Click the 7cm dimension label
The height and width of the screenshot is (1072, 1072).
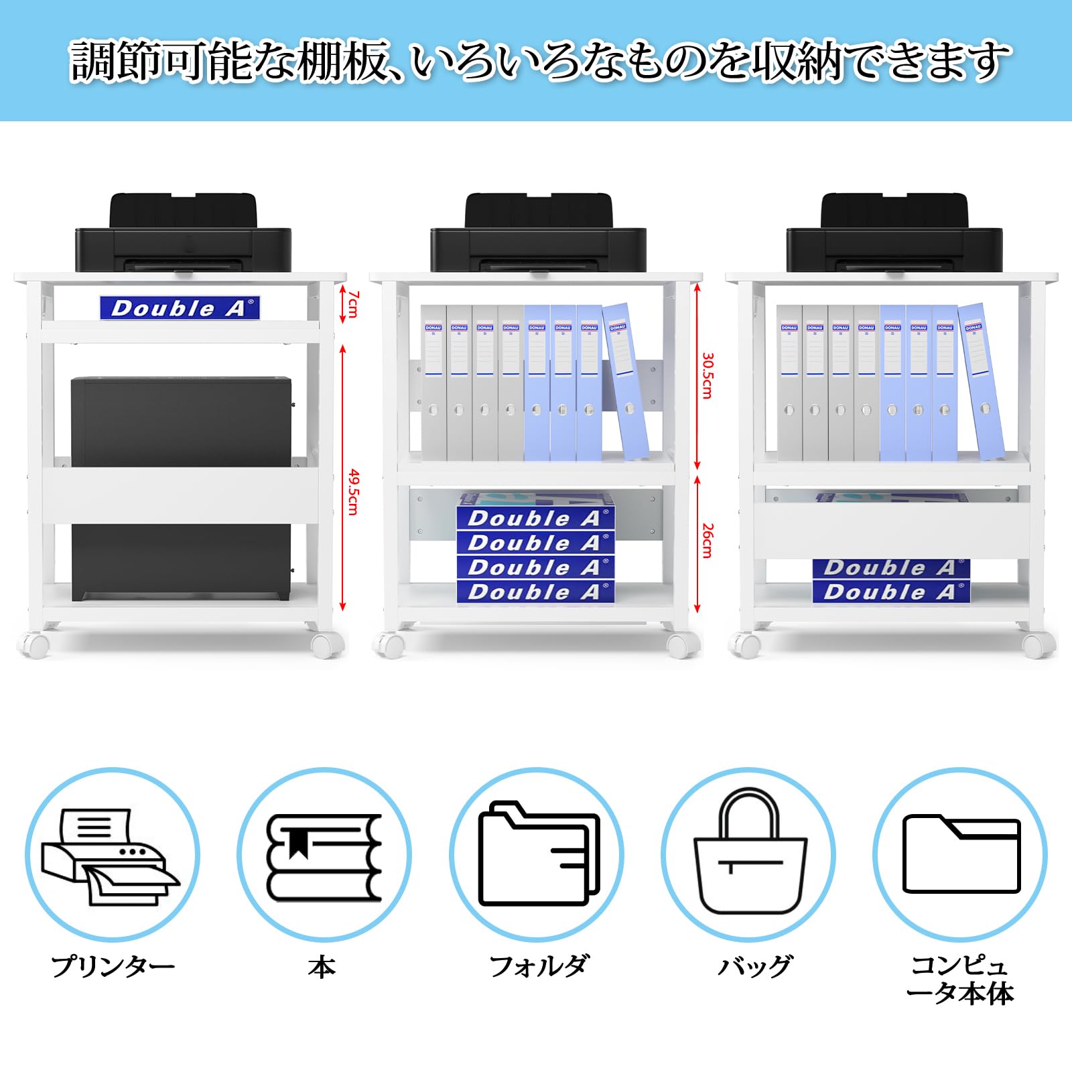click(x=353, y=304)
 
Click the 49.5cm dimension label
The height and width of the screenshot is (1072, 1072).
click(x=353, y=492)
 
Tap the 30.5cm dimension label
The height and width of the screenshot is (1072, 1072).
click(x=708, y=376)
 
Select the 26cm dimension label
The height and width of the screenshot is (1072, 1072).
click(x=708, y=541)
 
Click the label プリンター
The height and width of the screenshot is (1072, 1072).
click(x=113, y=967)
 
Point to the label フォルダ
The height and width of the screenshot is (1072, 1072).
click(x=537, y=967)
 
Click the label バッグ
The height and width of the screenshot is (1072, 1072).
click(x=754, y=967)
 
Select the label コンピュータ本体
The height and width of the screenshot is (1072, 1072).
click(x=959, y=980)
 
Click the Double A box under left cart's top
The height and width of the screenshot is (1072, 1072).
click(x=180, y=308)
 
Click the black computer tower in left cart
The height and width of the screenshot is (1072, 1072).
click(x=181, y=422)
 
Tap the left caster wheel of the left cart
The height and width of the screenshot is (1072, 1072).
click(x=34, y=644)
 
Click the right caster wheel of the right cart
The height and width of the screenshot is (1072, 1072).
click(x=1038, y=644)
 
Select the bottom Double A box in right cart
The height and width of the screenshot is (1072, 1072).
click(x=891, y=592)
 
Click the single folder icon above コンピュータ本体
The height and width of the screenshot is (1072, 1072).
click(x=961, y=854)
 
